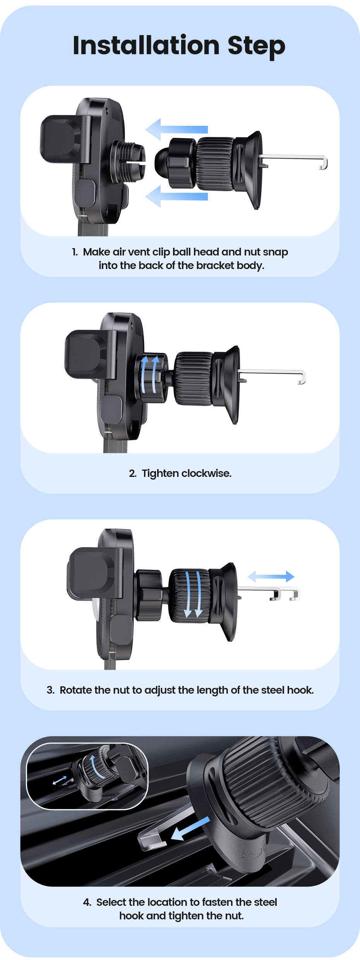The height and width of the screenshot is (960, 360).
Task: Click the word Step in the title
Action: coord(256,47)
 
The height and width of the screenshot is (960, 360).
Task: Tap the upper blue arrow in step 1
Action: coord(176,129)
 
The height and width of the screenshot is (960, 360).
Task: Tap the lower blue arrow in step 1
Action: coord(176,196)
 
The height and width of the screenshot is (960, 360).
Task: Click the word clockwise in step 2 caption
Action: coord(206,473)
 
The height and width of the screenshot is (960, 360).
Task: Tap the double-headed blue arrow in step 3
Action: coord(271,576)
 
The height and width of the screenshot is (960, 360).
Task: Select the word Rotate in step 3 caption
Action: coord(76,690)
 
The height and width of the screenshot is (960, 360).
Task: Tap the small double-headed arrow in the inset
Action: coord(60,780)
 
